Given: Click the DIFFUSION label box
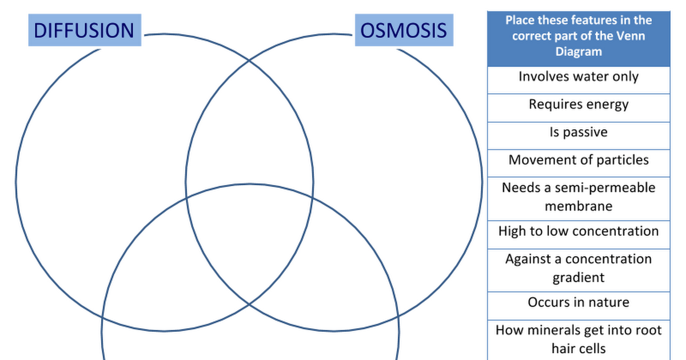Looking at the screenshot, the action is point(85,30).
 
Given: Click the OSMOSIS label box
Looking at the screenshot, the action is point(404,30).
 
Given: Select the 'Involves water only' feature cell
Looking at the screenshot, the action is point(579,80).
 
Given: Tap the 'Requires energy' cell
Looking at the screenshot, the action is point(579,108).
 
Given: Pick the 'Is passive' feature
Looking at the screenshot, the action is point(579,136).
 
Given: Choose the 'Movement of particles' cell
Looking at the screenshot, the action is point(579,163).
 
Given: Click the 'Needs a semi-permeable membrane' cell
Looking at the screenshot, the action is point(579,199).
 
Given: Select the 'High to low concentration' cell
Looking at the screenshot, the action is point(579,235).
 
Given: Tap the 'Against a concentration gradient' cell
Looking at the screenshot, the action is point(579,270).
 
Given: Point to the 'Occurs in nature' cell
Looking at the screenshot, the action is point(579,306).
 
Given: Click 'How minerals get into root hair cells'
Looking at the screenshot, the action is point(579,340).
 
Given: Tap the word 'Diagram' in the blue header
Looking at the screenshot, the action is point(579,52).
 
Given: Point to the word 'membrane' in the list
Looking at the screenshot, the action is point(579,206).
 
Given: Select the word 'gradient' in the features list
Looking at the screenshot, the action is point(579,278).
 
